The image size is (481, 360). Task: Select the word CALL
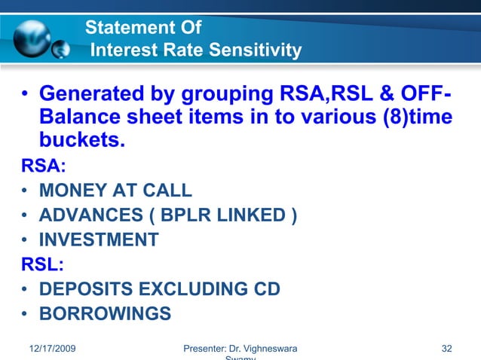click(x=167, y=191)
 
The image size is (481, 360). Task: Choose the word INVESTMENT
click(x=99, y=240)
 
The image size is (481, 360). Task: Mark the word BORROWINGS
click(x=105, y=313)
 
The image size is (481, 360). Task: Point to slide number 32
click(x=447, y=349)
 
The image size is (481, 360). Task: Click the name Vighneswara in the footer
click(x=267, y=349)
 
